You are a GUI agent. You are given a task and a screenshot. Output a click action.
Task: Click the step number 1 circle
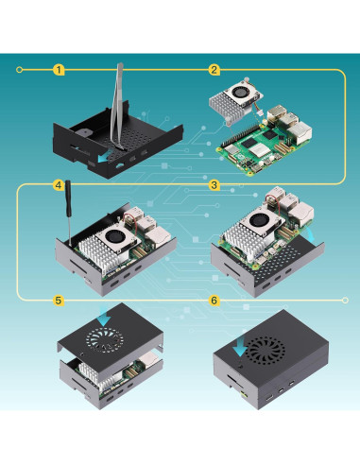(x=60, y=69)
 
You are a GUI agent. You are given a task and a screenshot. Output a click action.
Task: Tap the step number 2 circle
(x=214, y=69)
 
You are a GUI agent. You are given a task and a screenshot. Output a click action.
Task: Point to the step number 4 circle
(x=59, y=185)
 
